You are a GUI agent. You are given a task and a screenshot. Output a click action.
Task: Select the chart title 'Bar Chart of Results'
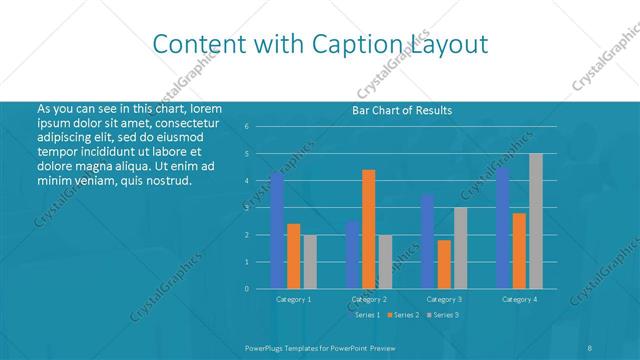pos(402,110)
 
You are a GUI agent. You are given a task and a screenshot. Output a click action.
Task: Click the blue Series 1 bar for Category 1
pos(277,231)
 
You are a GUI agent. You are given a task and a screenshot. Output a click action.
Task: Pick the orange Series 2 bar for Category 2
pos(369,229)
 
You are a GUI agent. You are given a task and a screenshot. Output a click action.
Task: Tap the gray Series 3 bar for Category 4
pos(536,221)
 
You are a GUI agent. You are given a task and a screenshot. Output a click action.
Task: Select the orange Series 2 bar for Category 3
pos(444,264)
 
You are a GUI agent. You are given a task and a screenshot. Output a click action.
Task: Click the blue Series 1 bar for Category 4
pos(503,228)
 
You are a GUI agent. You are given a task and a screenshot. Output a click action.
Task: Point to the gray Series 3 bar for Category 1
pos(310,262)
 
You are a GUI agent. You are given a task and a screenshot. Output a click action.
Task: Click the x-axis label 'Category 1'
pos(293,299)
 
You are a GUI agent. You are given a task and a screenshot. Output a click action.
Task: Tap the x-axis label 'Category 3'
pos(444,299)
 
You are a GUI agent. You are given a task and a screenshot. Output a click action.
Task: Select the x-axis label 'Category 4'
pos(519,299)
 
